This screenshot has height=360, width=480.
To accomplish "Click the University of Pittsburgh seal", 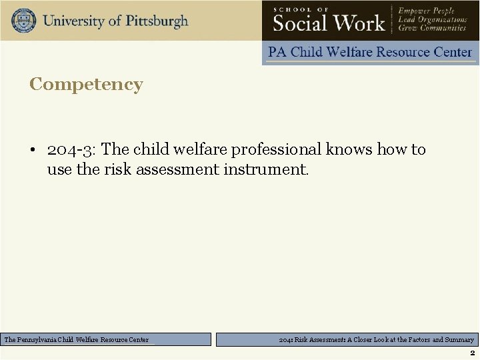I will [23, 20].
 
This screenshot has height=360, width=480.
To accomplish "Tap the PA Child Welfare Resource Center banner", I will [370, 52].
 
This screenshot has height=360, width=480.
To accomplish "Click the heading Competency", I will [86, 85].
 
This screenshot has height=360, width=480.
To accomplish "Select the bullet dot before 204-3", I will [33, 150].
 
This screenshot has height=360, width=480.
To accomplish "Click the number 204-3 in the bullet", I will [69, 149].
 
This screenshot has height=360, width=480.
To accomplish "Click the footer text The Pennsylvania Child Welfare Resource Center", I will [77, 340].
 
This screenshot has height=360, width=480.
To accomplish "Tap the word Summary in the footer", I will [459, 340].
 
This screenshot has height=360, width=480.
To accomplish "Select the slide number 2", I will [472, 353].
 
